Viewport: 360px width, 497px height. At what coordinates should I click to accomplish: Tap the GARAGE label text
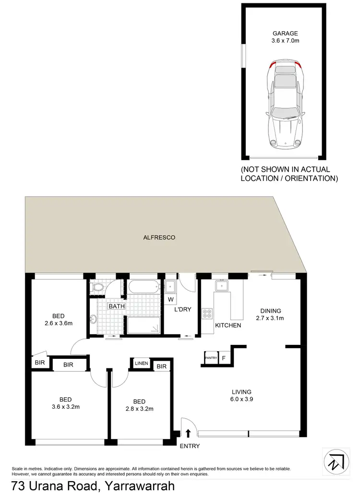coord(285,34)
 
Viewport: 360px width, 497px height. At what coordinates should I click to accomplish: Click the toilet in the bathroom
coord(98,287)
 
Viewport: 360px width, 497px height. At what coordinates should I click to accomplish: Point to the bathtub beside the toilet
coord(143,288)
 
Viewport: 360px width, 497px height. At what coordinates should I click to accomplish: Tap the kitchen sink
coord(222,286)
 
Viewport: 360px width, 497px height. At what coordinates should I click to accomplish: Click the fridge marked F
coord(224,358)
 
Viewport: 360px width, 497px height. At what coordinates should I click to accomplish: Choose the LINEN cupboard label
coord(141,363)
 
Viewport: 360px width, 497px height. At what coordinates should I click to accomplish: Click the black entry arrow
coord(188,434)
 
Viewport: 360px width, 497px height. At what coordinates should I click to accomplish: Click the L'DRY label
coord(183,309)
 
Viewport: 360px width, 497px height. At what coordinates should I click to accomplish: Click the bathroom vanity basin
coord(93,319)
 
